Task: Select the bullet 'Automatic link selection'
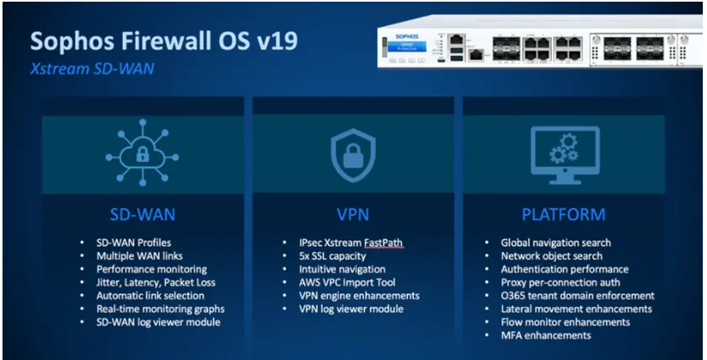pyautogui.click(x=151, y=296)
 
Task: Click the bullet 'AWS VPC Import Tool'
pyautogui.click(x=346, y=282)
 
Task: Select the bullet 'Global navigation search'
pyautogui.click(x=556, y=243)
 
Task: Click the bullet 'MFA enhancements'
pyautogui.click(x=545, y=335)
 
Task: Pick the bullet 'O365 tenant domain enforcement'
pyautogui.click(x=577, y=295)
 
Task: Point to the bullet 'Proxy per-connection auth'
pyautogui.click(x=560, y=282)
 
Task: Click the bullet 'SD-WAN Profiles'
pyautogui.click(x=135, y=243)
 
